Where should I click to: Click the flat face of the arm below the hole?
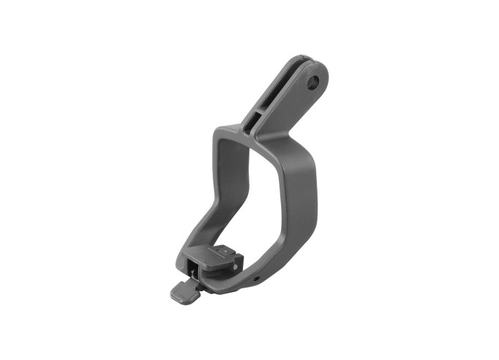(293, 102)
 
